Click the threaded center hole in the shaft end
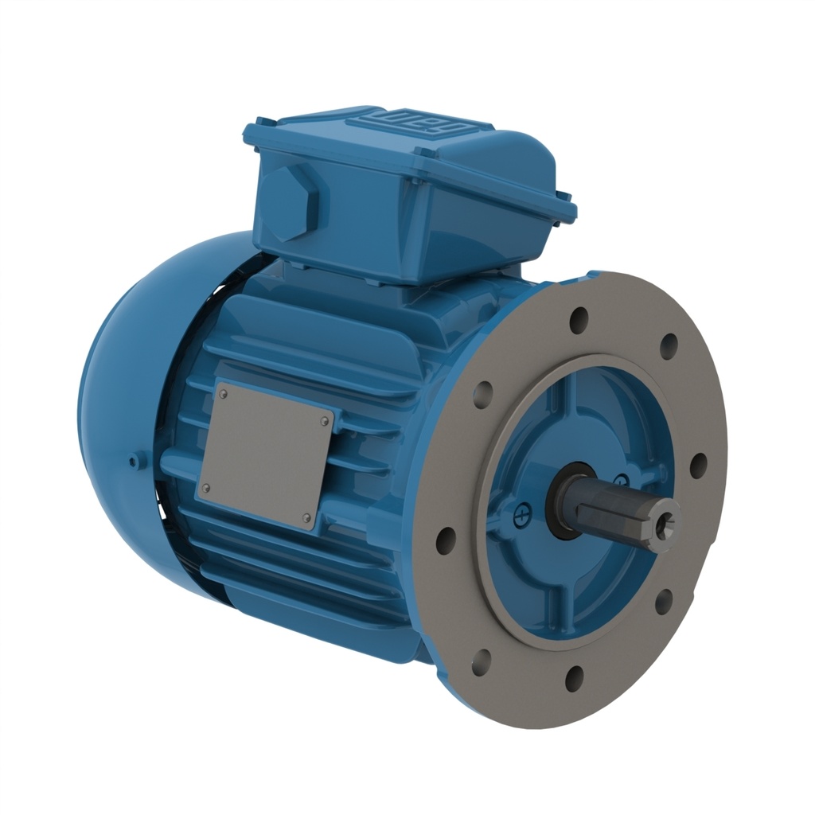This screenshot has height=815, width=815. (667, 521)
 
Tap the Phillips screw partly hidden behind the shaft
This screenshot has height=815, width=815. (622, 479)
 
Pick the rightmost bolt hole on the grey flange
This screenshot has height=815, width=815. (698, 466)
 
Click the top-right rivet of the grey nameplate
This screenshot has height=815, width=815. (325, 420)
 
